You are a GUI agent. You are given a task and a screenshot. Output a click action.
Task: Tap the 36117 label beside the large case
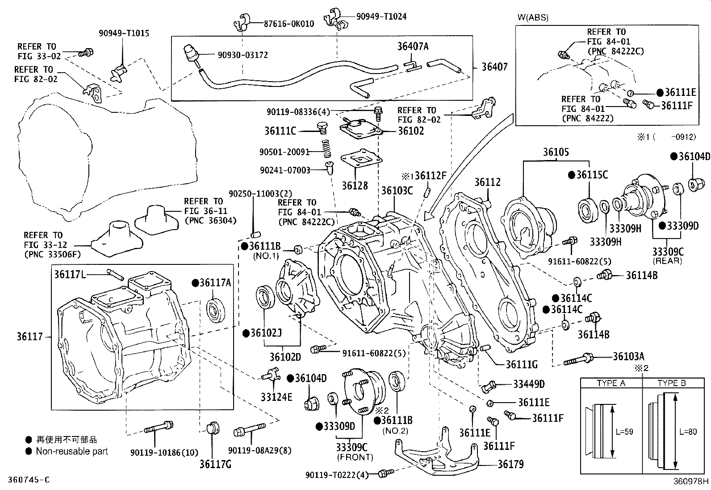point(30,337)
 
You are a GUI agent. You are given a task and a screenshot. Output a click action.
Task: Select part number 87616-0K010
point(289,24)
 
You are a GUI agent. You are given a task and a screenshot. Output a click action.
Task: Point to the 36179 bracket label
point(511,464)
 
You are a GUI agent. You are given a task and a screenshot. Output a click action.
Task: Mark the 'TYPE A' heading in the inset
point(611,383)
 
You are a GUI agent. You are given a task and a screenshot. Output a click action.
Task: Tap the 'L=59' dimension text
point(624,432)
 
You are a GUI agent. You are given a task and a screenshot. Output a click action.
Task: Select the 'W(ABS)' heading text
point(533,18)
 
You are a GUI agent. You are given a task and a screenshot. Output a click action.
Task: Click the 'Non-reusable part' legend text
point(72,451)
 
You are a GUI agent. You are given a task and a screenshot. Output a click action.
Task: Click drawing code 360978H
point(691,482)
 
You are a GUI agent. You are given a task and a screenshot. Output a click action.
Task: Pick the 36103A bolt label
point(628,356)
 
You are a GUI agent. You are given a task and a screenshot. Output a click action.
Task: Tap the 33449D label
point(529,384)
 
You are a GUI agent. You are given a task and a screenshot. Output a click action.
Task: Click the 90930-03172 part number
point(243,55)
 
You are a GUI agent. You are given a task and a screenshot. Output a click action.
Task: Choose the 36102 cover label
point(410,131)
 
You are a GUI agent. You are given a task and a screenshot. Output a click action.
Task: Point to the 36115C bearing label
point(592,175)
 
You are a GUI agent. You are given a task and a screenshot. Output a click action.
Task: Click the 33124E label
point(276,396)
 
